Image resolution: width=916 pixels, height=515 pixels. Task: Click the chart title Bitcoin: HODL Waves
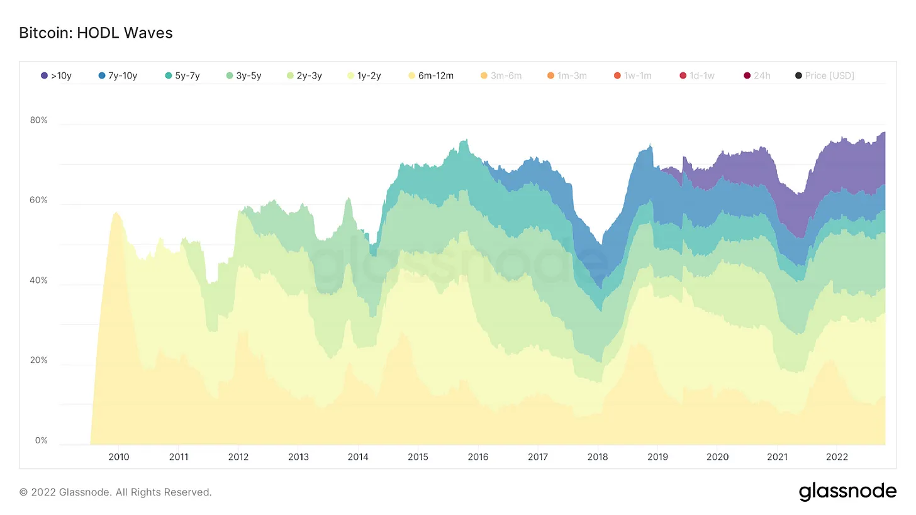click(x=96, y=33)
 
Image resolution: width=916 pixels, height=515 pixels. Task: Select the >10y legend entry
click(x=56, y=75)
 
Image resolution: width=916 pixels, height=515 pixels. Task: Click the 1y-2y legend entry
click(x=365, y=75)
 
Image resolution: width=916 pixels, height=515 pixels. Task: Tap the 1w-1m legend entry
click(x=633, y=75)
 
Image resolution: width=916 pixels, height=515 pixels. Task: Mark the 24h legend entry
click(x=757, y=75)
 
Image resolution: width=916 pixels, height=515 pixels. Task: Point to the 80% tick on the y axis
click(x=39, y=120)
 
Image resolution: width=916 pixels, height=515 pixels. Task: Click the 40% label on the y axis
click(x=39, y=280)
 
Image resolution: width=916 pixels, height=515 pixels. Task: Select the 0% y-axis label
click(x=42, y=441)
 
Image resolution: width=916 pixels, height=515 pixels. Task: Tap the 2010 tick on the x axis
click(x=118, y=457)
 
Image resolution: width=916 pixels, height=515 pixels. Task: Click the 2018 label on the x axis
click(x=598, y=457)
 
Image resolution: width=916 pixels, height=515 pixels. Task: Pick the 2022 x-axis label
click(x=837, y=457)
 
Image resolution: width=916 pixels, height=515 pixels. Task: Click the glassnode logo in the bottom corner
click(x=847, y=491)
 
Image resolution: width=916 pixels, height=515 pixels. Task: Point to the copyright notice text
click(x=116, y=492)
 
